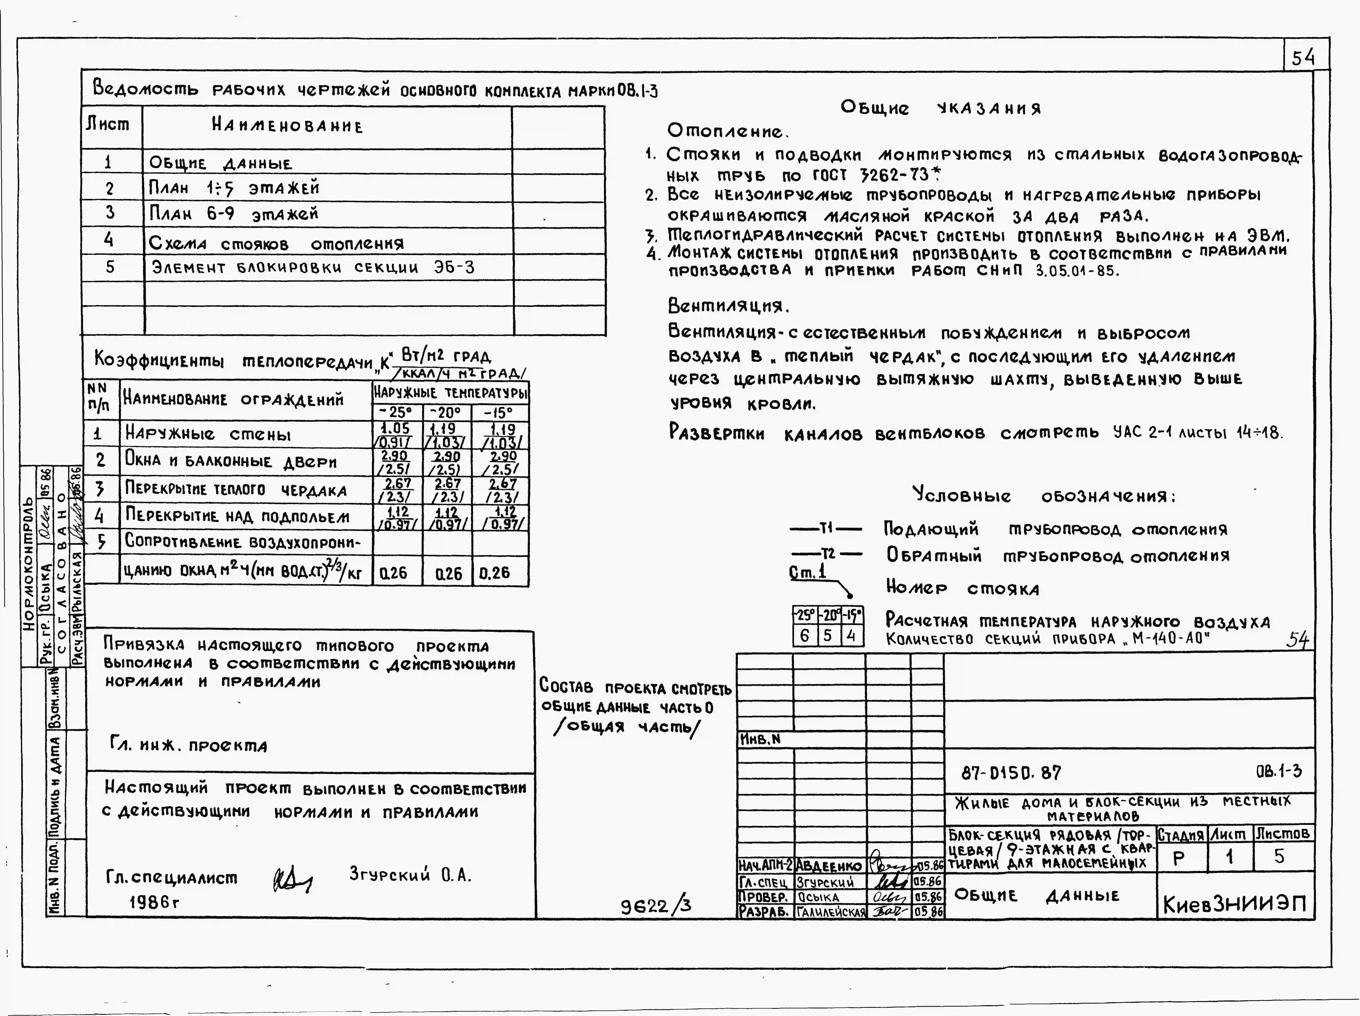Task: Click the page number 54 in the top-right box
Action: [1303, 58]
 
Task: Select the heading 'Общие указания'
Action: [941, 108]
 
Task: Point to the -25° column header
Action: [397, 412]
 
